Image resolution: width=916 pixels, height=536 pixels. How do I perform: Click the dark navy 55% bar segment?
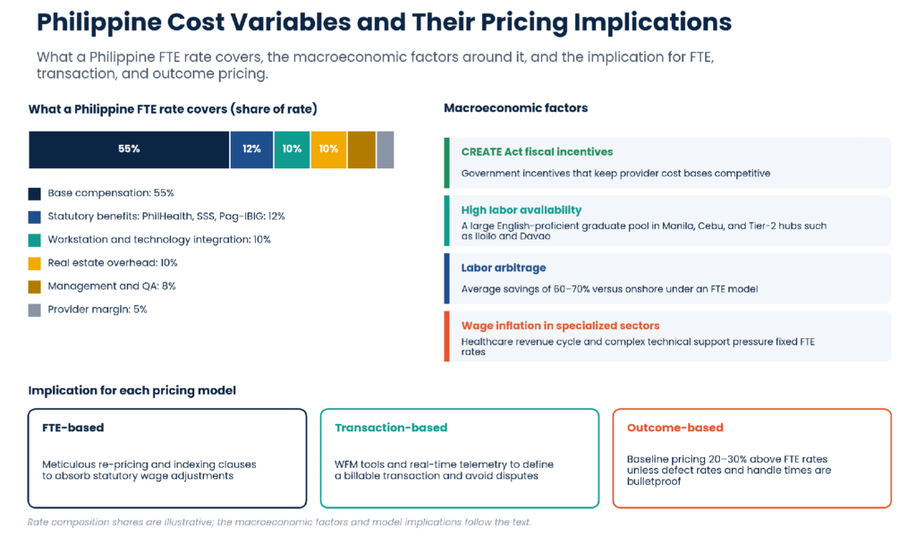point(129,149)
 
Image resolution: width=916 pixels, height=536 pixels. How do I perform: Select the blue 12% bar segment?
point(251,149)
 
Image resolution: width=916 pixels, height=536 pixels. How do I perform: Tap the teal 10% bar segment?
point(292,149)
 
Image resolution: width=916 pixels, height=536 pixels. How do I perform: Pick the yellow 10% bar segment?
point(328,149)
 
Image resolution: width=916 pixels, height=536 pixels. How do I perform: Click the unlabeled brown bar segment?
point(361,149)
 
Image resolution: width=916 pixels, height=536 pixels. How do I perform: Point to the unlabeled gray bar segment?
point(385,149)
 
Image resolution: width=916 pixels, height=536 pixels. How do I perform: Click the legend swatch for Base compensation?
point(35,193)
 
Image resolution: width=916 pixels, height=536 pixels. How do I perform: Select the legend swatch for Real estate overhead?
point(35,264)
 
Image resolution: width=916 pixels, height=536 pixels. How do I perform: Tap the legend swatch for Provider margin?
point(35,311)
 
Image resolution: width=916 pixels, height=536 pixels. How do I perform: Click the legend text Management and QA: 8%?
point(112,286)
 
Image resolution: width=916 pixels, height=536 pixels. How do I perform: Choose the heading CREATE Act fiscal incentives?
point(537,152)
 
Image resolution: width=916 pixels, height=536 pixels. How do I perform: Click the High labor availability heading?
point(522,210)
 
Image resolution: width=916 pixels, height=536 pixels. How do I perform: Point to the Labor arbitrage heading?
point(504,268)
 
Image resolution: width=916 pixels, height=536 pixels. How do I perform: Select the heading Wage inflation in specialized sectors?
point(560,326)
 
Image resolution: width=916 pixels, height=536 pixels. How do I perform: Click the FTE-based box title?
point(73,428)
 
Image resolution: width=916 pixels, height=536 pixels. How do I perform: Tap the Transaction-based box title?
point(391,428)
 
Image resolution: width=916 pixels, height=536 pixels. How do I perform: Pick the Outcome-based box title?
point(674,428)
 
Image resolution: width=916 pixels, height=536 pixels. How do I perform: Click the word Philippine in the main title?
point(98,23)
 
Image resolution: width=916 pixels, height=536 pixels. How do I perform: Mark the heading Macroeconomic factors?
point(515,108)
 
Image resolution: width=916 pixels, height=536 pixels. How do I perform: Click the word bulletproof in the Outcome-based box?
point(654,481)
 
